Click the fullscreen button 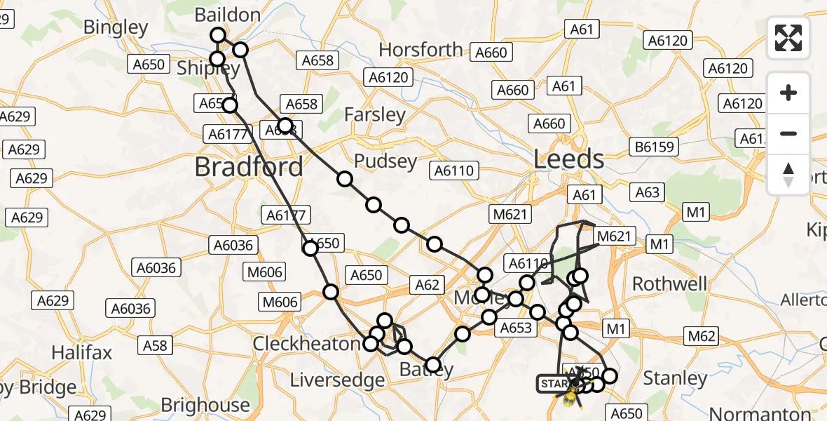tap(788, 38)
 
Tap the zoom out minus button tap(788, 133)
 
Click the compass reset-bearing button tap(788, 175)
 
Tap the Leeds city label tap(568, 159)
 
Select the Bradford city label tap(249, 167)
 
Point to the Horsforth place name tap(421, 50)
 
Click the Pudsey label tap(385, 161)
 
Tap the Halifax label tap(82, 352)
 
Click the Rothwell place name tap(670, 283)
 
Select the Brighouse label tap(205, 405)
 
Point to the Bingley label tap(116, 27)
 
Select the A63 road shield tap(648, 192)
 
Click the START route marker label tap(553, 384)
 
